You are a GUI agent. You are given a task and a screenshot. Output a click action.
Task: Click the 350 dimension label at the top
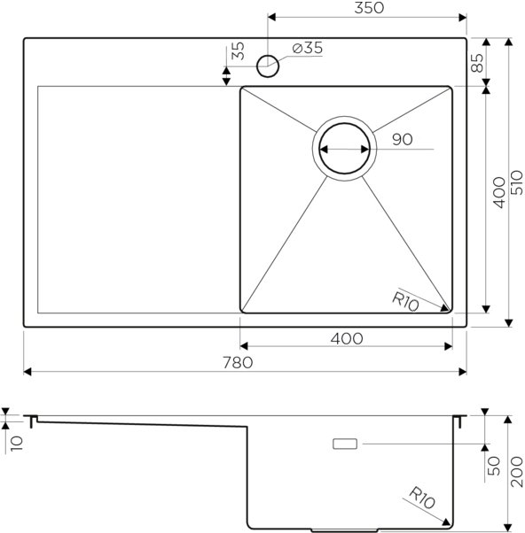coord(365,8)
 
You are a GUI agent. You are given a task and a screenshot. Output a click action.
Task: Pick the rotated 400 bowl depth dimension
coord(498,192)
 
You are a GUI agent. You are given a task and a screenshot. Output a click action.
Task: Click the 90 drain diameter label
coord(402,139)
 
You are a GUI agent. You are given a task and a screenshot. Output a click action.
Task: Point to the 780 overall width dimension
coord(239,361)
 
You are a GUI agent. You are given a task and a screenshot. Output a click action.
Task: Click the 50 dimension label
coord(496,463)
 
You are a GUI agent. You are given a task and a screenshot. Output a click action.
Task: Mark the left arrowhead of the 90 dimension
coord(321,150)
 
